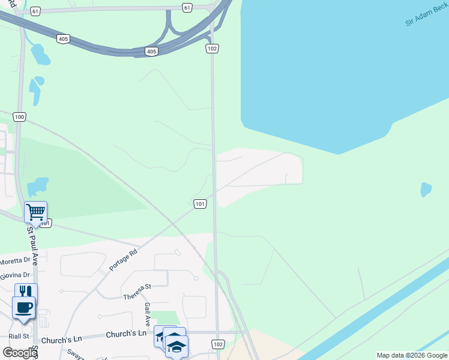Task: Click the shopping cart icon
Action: pos(35,211)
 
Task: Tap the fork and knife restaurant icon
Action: pos(26,292)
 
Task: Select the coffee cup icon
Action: pos(23,308)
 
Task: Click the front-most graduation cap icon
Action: pos(176,346)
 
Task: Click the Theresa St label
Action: pos(137,293)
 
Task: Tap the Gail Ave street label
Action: pos(147,313)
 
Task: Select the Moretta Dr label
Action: pos(14,261)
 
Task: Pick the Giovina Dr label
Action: pos(14,275)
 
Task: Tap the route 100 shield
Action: pos(20,117)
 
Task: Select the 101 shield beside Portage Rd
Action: pos(200,204)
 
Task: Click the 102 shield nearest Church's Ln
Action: pos(218,344)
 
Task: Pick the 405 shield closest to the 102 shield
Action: pos(151,52)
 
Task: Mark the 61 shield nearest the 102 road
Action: pos(188,7)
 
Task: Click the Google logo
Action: pos(19,353)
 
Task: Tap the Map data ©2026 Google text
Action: pos(411,355)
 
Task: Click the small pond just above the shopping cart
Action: pos(38,185)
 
